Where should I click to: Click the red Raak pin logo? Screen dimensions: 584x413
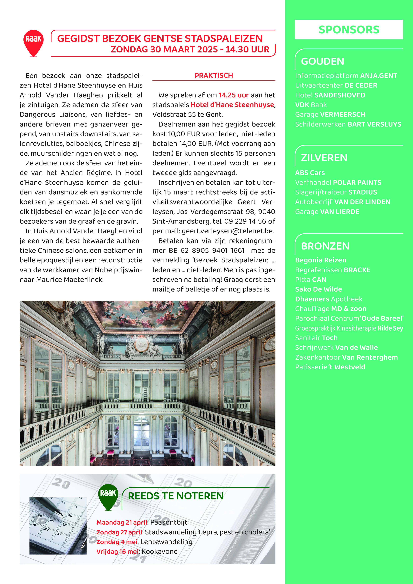coord(33,42)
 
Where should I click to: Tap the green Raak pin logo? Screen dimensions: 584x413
coord(108,496)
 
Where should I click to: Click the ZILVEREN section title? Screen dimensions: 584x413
coord(324,158)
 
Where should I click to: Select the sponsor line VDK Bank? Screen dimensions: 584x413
coord(311,105)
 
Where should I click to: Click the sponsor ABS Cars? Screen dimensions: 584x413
coord(310,173)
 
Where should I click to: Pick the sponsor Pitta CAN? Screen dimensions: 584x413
coord(310,280)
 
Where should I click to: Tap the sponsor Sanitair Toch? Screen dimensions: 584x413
coord(316,338)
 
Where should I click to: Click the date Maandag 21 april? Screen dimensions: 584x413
coord(122,522)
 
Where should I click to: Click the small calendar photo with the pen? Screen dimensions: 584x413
coord(58,526)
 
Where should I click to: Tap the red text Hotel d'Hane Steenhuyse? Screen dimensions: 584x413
coord(232,105)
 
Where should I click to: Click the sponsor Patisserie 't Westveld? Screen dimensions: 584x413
coord(330,367)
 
